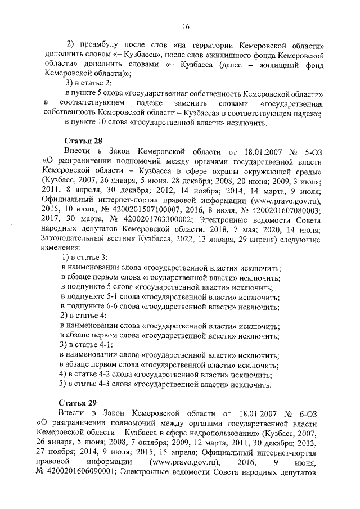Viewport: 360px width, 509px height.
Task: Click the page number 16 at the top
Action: (x=185, y=26)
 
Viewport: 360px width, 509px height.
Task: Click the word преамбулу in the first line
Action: (x=102, y=46)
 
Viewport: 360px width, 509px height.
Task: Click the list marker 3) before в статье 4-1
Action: (x=64, y=345)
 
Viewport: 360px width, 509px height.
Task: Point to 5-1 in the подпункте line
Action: (x=113, y=297)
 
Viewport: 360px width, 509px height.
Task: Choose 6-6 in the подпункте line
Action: (x=113, y=307)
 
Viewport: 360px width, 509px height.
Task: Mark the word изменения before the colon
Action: (x=60, y=248)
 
